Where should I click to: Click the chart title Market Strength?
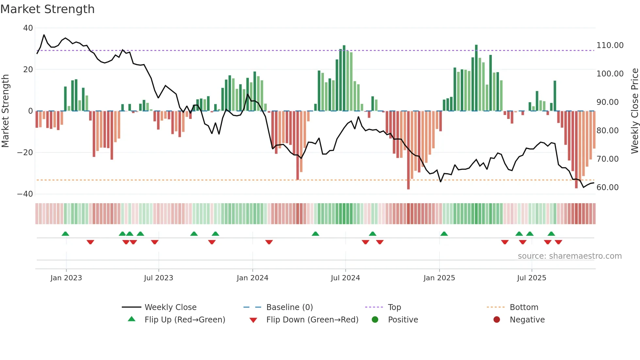click(47, 9)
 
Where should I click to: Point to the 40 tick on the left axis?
click(28, 28)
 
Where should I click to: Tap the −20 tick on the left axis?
click(25, 153)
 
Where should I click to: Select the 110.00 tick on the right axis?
click(610, 45)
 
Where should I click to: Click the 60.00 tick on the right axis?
click(607, 188)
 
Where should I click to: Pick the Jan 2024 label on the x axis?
click(252, 278)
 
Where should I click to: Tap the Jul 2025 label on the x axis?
click(532, 278)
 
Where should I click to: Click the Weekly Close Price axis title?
click(634, 111)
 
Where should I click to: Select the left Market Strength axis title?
click(6, 111)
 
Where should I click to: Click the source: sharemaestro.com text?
click(569, 256)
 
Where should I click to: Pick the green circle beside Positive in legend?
click(375, 320)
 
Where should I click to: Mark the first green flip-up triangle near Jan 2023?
click(65, 234)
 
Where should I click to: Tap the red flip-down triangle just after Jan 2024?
click(269, 242)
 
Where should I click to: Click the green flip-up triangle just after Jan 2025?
click(444, 234)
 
